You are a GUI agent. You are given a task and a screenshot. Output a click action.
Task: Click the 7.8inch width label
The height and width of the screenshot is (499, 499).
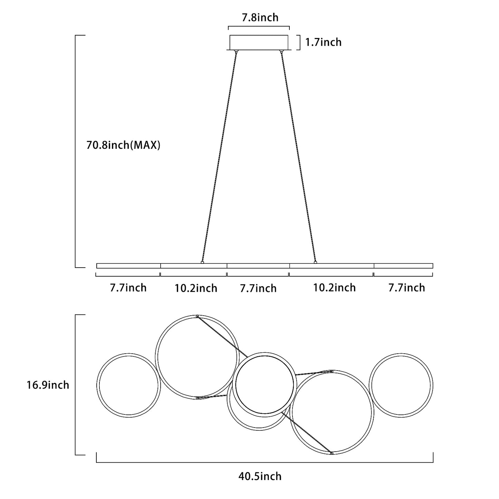(260, 18)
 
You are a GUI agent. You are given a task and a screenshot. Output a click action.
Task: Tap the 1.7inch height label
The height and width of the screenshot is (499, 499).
(324, 42)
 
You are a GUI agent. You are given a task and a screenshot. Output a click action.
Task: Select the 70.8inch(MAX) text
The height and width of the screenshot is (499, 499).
(123, 145)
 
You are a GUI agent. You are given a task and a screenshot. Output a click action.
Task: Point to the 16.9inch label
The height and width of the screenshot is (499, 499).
(48, 385)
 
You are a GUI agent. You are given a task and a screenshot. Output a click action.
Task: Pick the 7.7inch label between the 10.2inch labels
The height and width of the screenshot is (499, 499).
(258, 288)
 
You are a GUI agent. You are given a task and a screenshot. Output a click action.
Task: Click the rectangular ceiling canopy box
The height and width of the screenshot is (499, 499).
(259, 42)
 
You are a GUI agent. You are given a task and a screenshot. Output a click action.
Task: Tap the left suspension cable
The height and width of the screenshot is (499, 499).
(219, 157)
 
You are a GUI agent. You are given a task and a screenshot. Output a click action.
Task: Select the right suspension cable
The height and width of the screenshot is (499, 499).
(298, 157)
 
